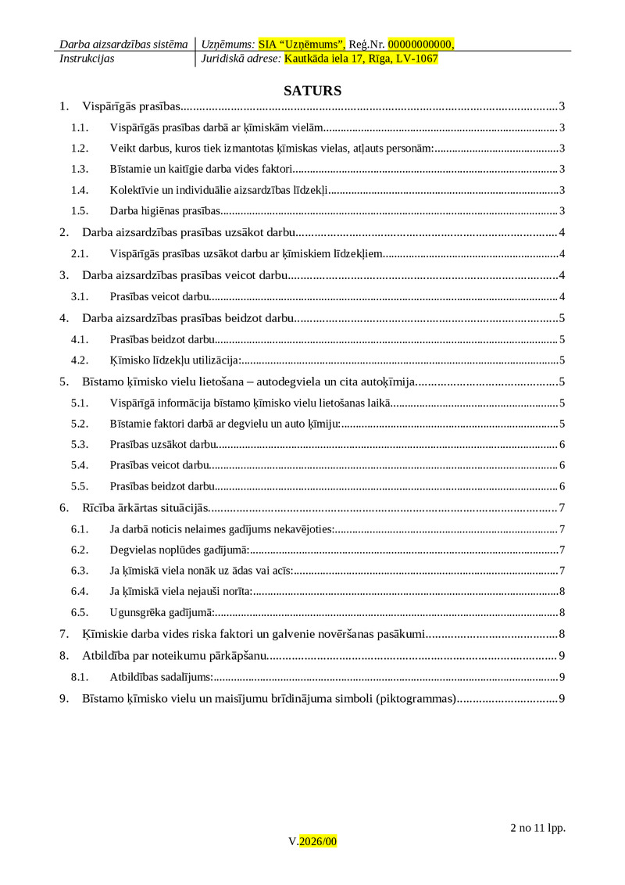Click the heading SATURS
pos(312,91)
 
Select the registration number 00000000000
pos(420,45)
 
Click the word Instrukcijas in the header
pos(87,59)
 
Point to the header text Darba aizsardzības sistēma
pos(123,45)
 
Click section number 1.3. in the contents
pos(79,169)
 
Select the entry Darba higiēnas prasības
pos(166,210)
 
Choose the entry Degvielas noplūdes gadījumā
pos(179,550)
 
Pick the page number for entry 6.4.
pos(562,592)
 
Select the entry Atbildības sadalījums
pos(162,677)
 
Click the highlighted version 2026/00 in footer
pos(318,841)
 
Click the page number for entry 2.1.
pos(562,253)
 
